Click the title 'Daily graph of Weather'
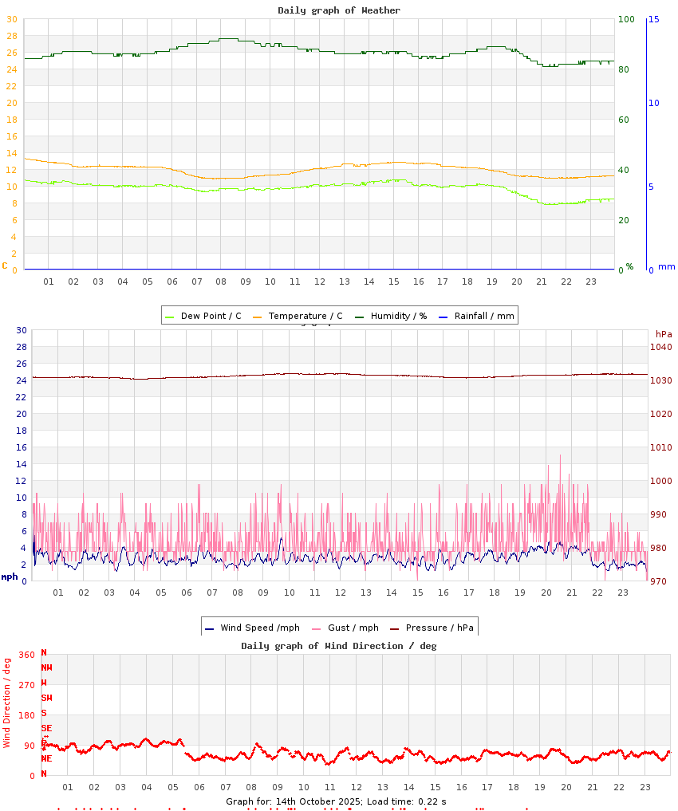[x=339, y=10]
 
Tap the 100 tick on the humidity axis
[x=626, y=19]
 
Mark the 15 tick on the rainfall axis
[x=653, y=19]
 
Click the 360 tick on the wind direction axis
[x=27, y=655]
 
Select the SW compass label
[x=46, y=698]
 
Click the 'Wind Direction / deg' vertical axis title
[x=7, y=703]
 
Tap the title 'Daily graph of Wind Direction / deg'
[x=339, y=646]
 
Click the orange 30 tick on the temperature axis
[x=11, y=19]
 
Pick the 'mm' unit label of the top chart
[x=666, y=266]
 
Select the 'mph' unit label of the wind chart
[x=10, y=576]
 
